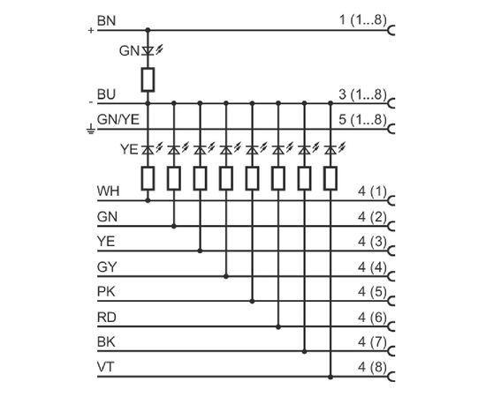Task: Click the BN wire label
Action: tap(106, 20)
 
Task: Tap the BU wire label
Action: tap(106, 94)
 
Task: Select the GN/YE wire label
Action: tap(118, 119)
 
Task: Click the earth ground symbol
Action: tap(90, 129)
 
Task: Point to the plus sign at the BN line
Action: tap(91, 30)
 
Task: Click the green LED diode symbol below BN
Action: tap(148, 51)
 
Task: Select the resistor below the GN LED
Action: tap(148, 79)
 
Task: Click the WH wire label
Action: tap(108, 191)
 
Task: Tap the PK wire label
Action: tap(106, 291)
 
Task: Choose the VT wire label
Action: tap(105, 367)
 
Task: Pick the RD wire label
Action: tap(106, 318)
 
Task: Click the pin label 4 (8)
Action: tap(372, 368)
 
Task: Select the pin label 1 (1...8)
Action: tap(363, 20)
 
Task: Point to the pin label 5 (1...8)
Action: tap(363, 120)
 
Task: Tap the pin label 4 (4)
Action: tap(372, 267)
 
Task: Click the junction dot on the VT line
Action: tap(330, 377)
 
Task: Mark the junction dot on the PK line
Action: tap(252, 301)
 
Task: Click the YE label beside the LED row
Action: tap(129, 149)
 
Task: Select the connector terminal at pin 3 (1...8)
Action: tap(391, 103)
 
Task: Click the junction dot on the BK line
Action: tap(304, 351)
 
